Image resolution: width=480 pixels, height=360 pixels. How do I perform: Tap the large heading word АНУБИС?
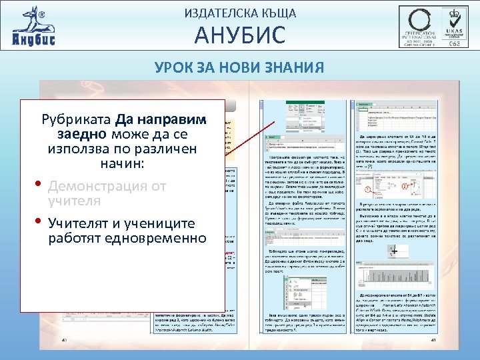(239, 35)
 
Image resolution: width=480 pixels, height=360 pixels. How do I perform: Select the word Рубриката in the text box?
(77, 121)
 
